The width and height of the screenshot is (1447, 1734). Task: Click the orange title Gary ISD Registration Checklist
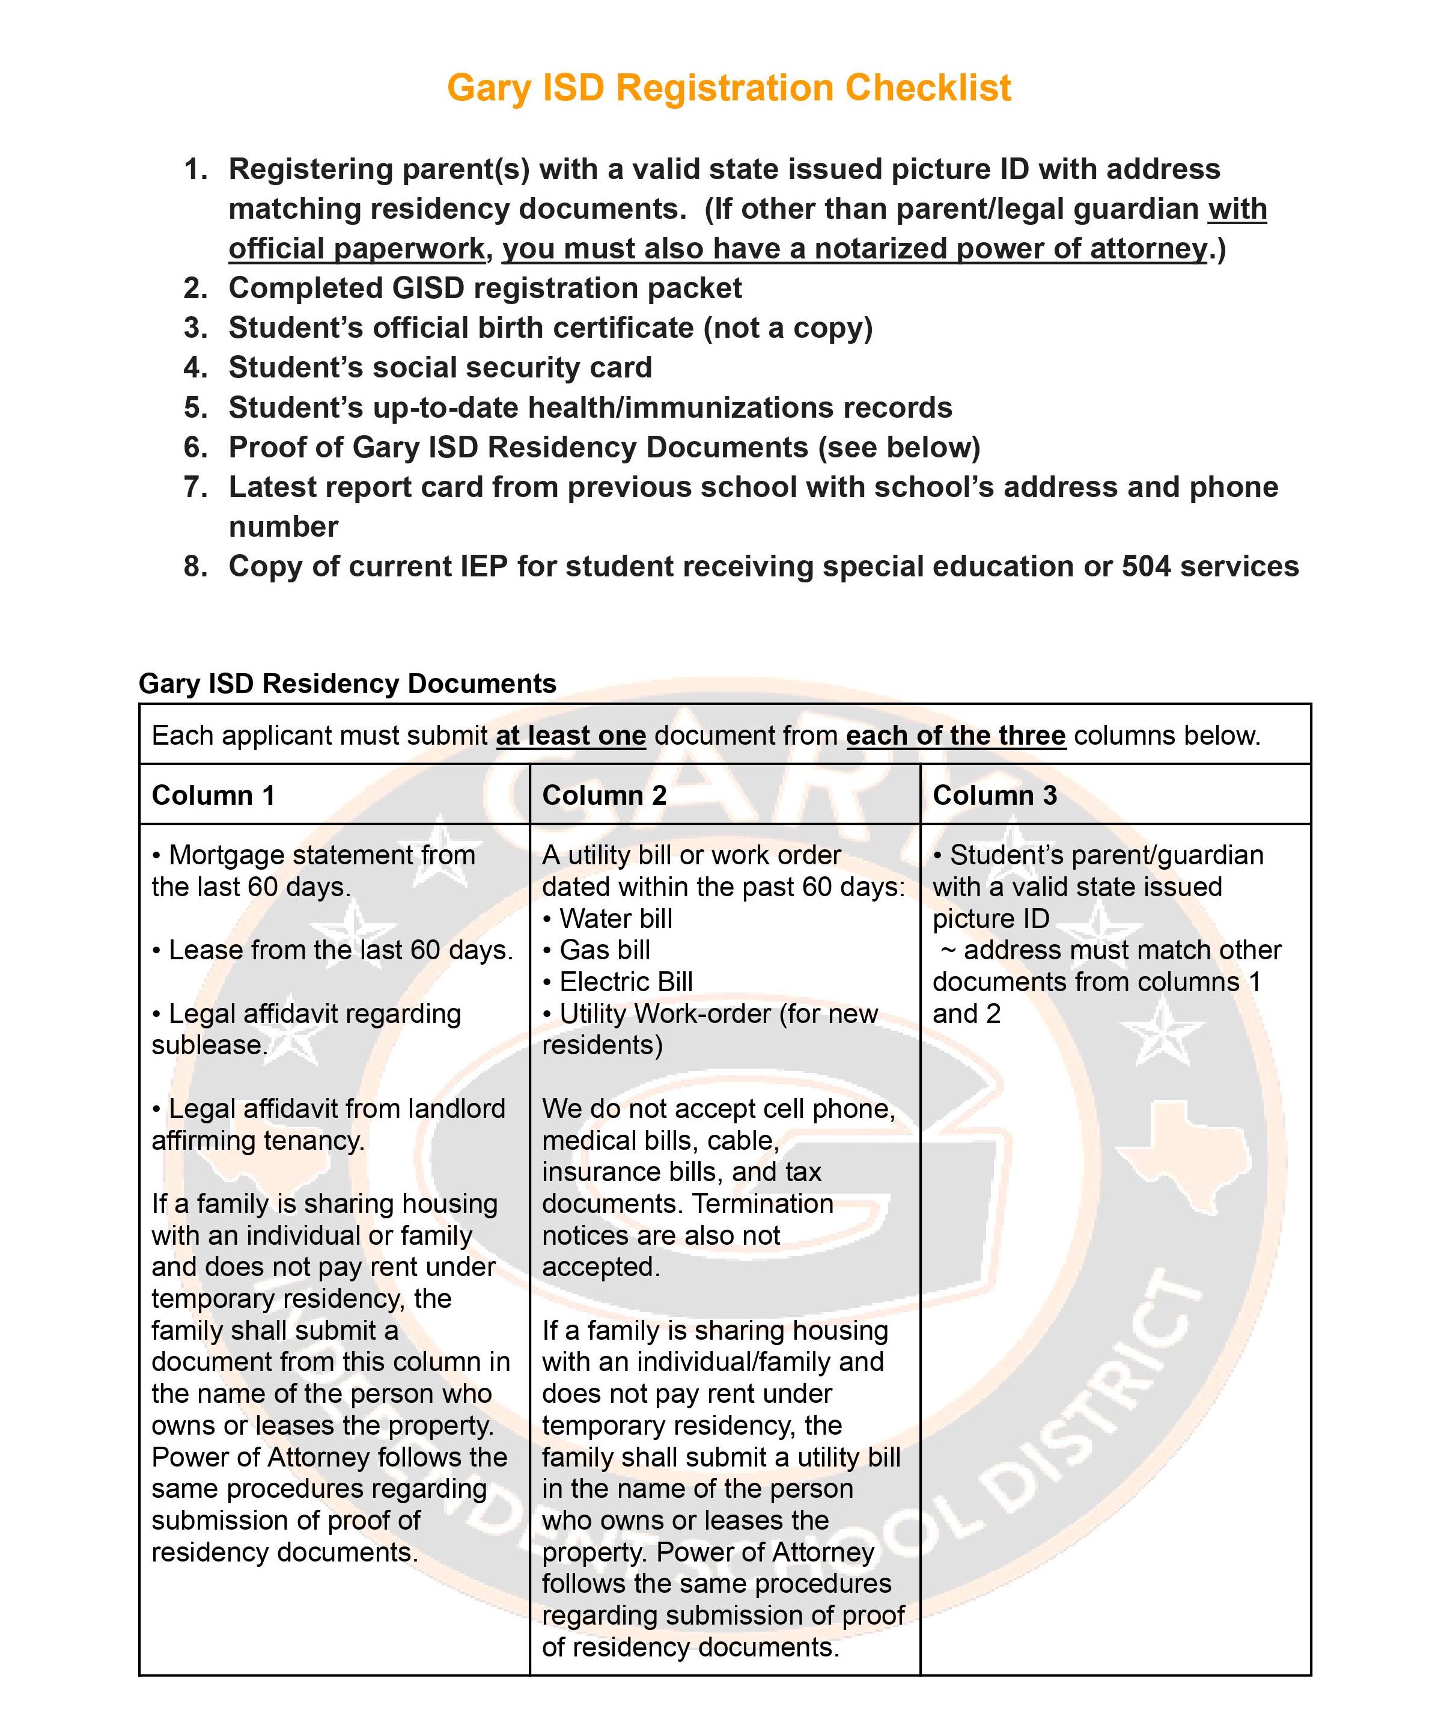tap(728, 88)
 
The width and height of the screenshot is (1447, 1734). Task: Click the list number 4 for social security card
tap(195, 367)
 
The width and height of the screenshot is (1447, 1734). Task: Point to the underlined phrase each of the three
tap(956, 735)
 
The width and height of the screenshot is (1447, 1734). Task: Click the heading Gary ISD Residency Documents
tap(347, 684)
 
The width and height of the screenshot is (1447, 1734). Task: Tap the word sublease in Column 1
tap(208, 1045)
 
